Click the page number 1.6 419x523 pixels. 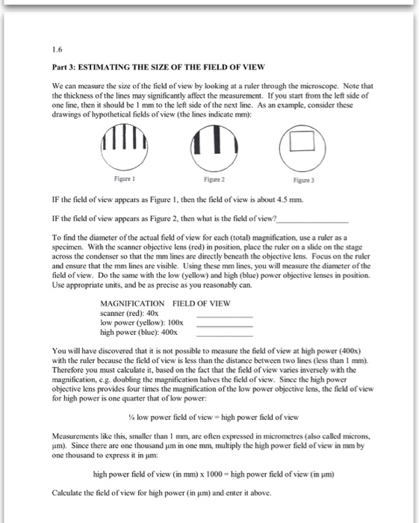(57, 50)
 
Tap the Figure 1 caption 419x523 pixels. (124, 179)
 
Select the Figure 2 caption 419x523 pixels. (214, 179)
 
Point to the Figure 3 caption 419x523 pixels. (304, 180)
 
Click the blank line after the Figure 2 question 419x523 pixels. (312, 222)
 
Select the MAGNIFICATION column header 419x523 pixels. (132, 303)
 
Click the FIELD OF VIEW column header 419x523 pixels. (202, 303)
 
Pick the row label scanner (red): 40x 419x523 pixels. (129, 313)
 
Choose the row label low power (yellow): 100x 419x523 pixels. (142, 323)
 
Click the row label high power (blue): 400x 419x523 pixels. (139, 332)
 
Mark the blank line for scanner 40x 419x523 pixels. (225, 317)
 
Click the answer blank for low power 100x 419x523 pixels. (225, 327)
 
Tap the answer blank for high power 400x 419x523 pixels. (225, 335)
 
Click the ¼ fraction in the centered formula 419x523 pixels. (131, 417)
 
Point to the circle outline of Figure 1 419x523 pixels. (101, 147)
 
